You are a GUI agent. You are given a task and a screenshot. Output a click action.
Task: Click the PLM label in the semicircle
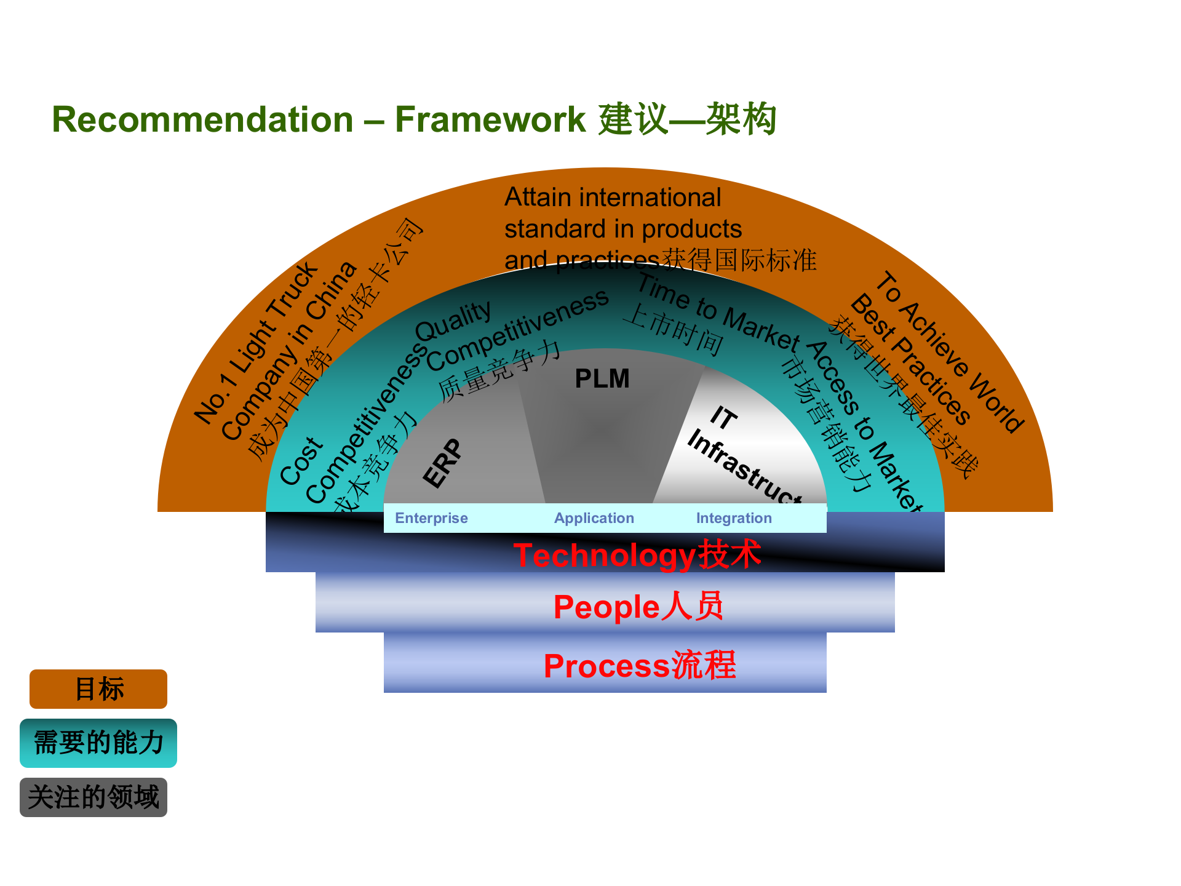tap(602, 379)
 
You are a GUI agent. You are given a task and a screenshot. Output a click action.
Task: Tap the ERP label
tap(443, 463)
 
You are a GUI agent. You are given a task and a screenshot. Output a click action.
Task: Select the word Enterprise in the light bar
tap(431, 518)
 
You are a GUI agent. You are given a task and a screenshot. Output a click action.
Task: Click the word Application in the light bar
tap(594, 518)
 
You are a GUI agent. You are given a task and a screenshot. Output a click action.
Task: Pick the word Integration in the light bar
tap(734, 518)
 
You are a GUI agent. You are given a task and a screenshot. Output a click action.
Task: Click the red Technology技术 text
tap(637, 555)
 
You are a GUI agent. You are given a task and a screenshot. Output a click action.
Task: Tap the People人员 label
tap(638, 607)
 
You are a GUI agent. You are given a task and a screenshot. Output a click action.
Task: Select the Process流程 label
tap(640, 666)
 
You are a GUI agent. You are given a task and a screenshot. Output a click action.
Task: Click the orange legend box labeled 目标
tap(98, 689)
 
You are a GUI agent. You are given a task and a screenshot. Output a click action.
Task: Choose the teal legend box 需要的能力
tap(98, 743)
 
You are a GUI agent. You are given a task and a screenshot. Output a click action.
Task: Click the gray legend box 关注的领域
tap(93, 797)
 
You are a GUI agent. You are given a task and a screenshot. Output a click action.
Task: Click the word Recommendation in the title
tap(202, 119)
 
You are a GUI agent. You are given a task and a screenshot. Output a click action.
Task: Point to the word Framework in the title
tap(490, 119)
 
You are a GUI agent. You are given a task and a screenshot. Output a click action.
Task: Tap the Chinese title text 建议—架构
tap(687, 119)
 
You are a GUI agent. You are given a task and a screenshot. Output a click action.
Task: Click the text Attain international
tap(612, 198)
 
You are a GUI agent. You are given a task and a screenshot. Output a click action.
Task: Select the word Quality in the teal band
tap(453, 321)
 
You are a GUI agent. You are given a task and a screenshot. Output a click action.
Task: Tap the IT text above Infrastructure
tap(723, 418)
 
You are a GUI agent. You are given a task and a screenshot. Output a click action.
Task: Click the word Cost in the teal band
tap(301, 461)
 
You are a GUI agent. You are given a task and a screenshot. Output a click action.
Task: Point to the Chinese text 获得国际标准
tap(739, 260)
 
